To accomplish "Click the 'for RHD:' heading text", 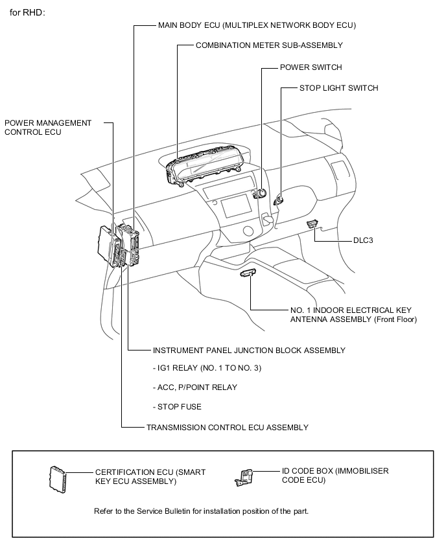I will (x=27, y=13).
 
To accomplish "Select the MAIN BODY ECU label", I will (x=257, y=25).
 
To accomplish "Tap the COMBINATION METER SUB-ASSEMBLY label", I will (x=269, y=45).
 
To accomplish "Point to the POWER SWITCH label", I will (x=311, y=67).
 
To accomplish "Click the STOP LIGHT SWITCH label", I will (x=338, y=87).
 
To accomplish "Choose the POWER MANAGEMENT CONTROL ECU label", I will (x=48, y=127).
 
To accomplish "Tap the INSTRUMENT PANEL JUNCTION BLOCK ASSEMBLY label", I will (x=249, y=351).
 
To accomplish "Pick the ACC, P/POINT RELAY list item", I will (x=194, y=387).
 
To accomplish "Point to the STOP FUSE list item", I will (x=177, y=407).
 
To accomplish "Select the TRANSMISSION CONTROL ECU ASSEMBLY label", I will (x=227, y=428).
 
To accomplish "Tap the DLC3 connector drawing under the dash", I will (x=312, y=224).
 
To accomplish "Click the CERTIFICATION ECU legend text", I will (x=150, y=477).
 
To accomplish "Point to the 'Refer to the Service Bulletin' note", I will (x=201, y=511).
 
